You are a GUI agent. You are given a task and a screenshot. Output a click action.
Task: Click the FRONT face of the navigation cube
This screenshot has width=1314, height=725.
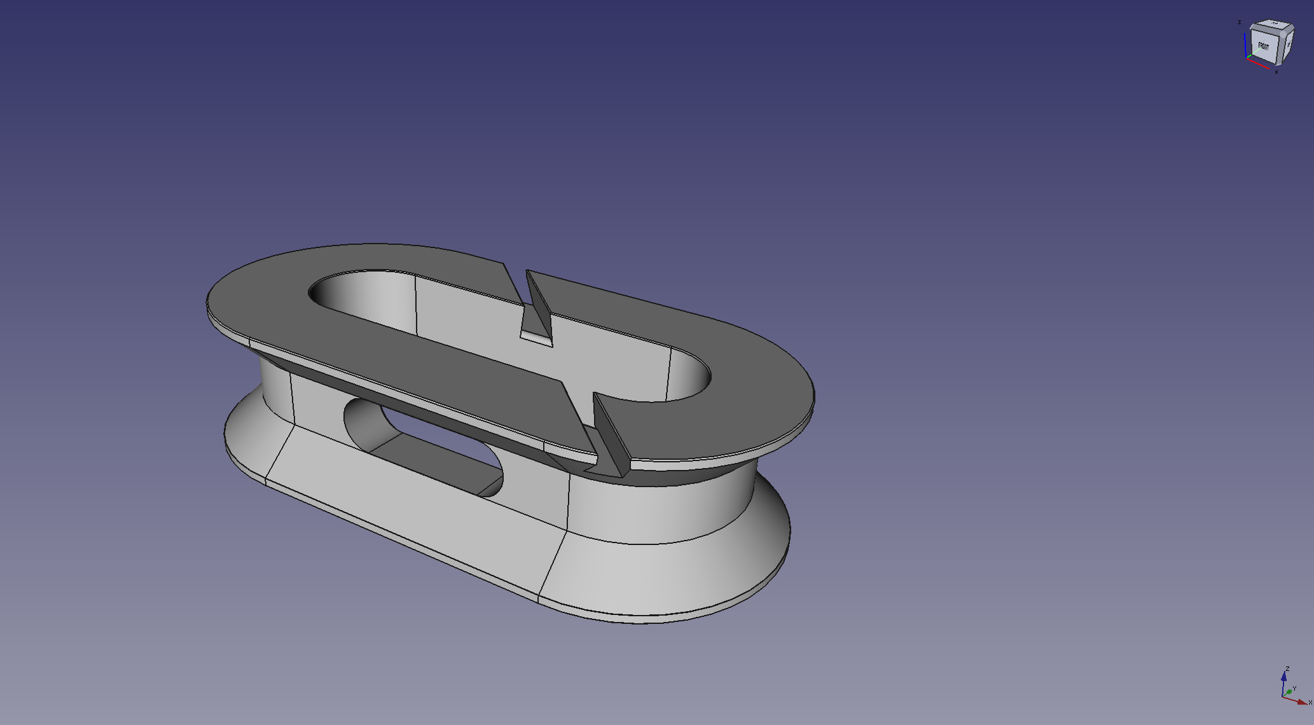pyautogui.click(x=1264, y=46)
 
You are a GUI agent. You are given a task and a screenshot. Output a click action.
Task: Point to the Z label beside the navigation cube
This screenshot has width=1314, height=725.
pyautogui.click(x=1240, y=22)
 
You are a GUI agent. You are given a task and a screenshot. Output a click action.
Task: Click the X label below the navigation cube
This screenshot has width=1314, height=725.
pyautogui.click(x=1276, y=72)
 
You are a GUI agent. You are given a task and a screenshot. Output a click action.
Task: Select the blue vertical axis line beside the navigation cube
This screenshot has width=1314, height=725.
pyautogui.click(x=1245, y=45)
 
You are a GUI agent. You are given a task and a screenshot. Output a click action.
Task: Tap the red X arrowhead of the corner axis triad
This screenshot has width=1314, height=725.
pyautogui.click(x=1302, y=702)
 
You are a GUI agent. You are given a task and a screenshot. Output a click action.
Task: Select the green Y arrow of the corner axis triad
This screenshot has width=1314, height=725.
pyautogui.click(x=1289, y=691)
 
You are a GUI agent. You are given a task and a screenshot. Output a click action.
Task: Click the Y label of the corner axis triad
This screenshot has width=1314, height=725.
pyautogui.click(x=1294, y=689)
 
